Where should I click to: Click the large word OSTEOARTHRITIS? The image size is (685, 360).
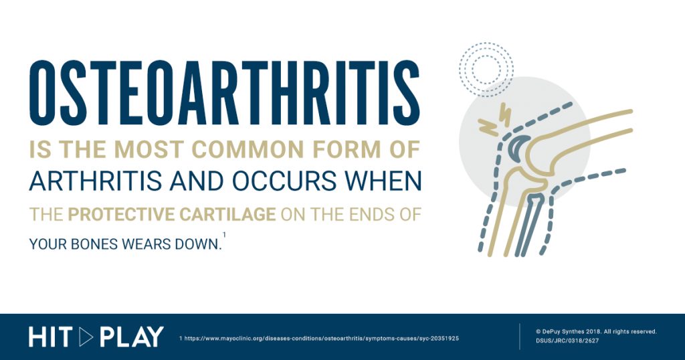[225, 93]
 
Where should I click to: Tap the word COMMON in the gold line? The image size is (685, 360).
[248, 149]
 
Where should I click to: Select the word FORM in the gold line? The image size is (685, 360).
[347, 149]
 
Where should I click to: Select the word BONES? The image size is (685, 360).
[94, 244]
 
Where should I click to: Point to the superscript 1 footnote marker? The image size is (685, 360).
[224, 235]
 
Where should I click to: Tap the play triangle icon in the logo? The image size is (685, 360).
[86, 337]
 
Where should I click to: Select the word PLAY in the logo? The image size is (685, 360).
[132, 337]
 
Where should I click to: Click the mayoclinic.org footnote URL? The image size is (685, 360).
[319, 339]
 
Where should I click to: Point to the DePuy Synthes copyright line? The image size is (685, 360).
[596, 332]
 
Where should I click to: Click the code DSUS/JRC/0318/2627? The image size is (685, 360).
[567, 341]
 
